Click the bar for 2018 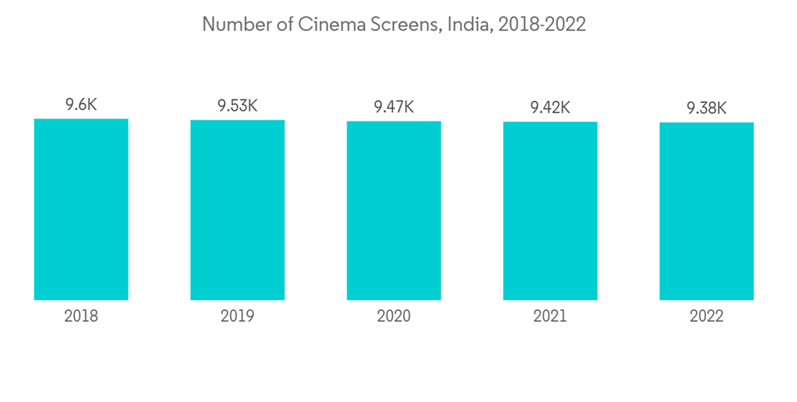80,209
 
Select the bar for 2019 237,210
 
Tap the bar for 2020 394,211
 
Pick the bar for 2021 550,211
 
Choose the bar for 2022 706,211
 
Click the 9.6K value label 80,104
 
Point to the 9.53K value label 237,105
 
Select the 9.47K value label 394,106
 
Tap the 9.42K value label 550,107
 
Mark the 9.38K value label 706,108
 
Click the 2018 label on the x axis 80,317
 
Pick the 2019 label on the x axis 237,317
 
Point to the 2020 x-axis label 394,317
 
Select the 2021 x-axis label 550,317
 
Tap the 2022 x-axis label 706,317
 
